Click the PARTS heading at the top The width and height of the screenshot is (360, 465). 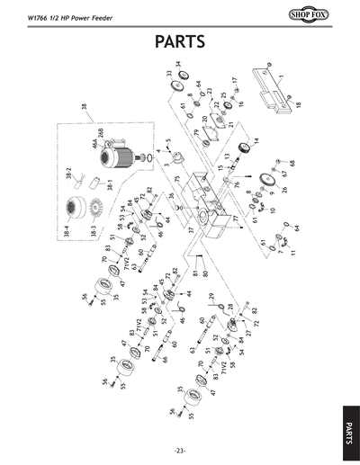180,41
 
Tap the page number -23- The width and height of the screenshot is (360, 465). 180,450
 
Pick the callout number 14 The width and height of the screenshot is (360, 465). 256,141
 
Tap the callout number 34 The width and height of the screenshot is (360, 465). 178,64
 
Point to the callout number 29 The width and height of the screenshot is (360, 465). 211,296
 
